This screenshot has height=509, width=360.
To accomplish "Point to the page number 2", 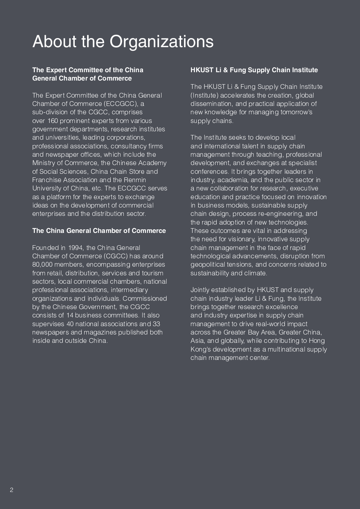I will [x=12, y=490].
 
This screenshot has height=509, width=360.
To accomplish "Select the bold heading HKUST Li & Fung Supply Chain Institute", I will [x=254, y=70].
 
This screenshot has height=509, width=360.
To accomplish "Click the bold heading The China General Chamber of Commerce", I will [x=99, y=231].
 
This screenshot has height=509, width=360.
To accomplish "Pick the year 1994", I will [x=75, y=248].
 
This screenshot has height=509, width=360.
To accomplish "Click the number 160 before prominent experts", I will [x=53, y=121].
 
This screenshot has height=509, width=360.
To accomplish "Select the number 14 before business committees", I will [x=70, y=315].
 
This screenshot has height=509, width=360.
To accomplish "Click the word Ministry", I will [x=43, y=163].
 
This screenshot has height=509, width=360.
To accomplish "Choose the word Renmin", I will [x=135, y=180].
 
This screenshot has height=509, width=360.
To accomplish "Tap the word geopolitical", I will [x=208, y=264].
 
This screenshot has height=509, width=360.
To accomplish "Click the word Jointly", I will [x=200, y=290].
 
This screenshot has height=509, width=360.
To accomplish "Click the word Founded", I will [x=45, y=248].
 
